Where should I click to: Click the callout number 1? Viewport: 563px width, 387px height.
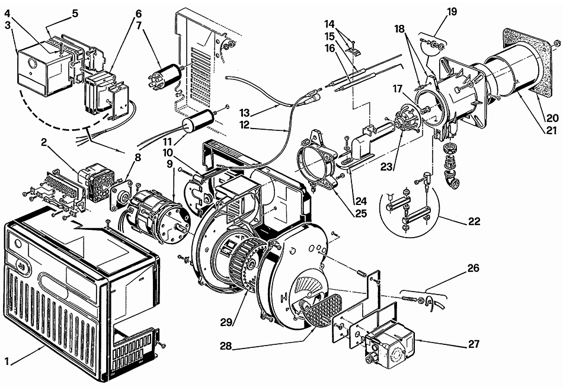click(x=7, y=361)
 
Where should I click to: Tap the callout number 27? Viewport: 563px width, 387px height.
click(x=474, y=344)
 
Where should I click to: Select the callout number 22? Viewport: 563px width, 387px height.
click(x=474, y=221)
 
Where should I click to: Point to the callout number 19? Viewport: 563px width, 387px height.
click(x=452, y=11)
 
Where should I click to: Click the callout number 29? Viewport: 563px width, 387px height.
click(x=226, y=322)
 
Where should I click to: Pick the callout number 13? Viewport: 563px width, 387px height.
click(x=245, y=113)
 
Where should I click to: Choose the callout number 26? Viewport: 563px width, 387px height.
click(x=474, y=268)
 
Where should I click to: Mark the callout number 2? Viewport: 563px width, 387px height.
click(x=44, y=142)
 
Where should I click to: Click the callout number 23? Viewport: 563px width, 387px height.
click(x=386, y=167)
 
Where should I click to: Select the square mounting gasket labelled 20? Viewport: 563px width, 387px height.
click(x=526, y=63)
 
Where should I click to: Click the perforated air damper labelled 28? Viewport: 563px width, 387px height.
click(x=320, y=310)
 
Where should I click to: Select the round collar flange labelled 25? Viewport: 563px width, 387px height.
click(x=318, y=160)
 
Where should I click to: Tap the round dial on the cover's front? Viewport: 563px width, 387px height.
click(x=17, y=245)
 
